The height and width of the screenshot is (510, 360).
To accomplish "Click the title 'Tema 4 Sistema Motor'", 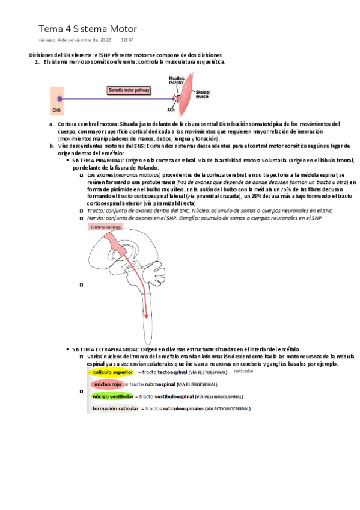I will [87, 28].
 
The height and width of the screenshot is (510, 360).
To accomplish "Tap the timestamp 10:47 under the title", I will [127, 40].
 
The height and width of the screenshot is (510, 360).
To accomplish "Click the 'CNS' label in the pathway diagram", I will [56, 110].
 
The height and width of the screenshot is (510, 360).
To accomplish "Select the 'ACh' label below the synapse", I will [171, 110].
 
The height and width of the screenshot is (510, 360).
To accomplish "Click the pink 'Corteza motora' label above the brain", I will [106, 227].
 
